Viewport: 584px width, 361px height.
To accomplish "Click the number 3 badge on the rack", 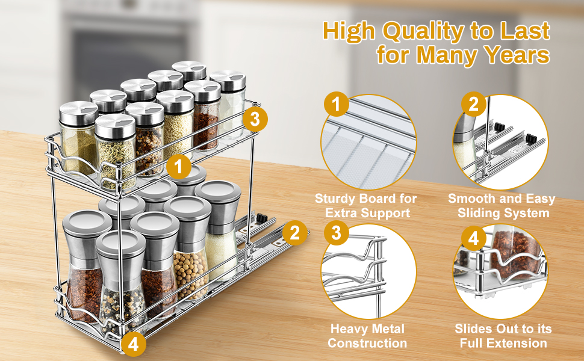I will click(x=255, y=119).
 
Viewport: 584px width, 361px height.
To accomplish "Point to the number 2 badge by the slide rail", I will click(x=294, y=233).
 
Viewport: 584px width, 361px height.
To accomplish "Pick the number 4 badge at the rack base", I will click(x=133, y=344).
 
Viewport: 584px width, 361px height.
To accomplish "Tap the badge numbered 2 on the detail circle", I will click(x=474, y=105).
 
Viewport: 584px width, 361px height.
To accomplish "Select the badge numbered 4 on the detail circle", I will click(x=474, y=239).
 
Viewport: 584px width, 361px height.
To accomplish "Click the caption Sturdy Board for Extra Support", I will click(x=367, y=205).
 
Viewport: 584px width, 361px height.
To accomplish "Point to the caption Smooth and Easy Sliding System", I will click(x=502, y=205).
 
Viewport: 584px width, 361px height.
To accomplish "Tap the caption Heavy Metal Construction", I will click(x=367, y=336).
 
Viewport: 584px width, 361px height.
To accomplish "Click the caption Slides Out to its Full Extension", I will click(x=503, y=336).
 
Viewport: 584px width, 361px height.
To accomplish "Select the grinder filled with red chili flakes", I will click(x=84, y=265).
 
